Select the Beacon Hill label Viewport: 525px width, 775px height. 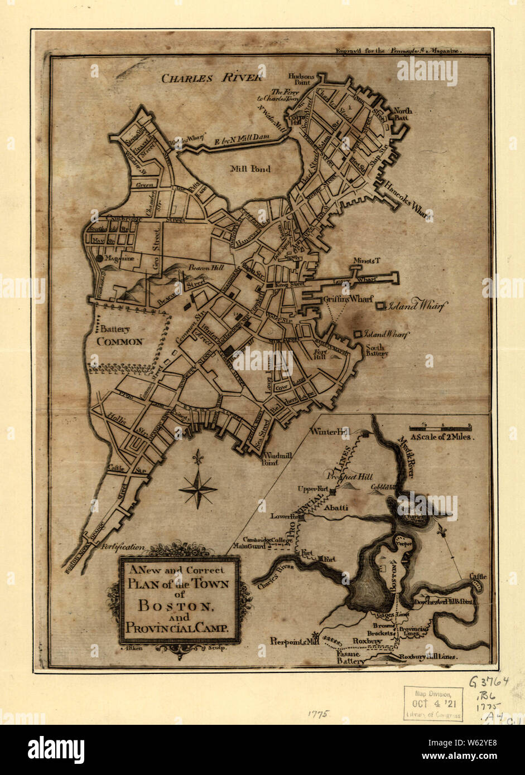click(x=206, y=268)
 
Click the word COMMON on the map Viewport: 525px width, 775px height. click(x=120, y=342)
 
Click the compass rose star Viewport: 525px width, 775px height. click(x=198, y=489)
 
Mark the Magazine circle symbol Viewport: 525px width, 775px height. click(x=99, y=258)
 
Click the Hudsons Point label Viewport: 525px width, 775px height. click(x=302, y=79)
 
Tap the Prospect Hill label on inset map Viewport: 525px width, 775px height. click(x=350, y=478)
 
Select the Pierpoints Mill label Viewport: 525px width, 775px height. click(x=290, y=641)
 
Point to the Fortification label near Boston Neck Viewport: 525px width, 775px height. click(x=123, y=547)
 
